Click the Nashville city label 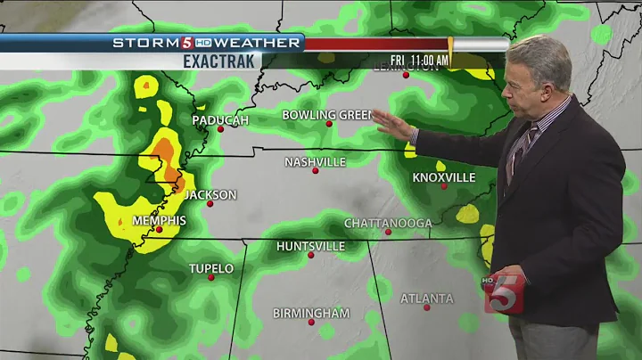click(x=315, y=162)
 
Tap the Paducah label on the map click(x=219, y=119)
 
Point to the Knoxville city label click(x=443, y=177)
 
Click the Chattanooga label click(x=388, y=223)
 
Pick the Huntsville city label click(x=310, y=246)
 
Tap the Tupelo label click(x=211, y=268)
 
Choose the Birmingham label click(x=311, y=313)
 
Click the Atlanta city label click(x=426, y=299)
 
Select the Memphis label click(x=159, y=220)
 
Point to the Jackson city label click(x=210, y=194)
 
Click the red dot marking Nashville click(x=315, y=170)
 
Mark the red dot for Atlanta click(x=427, y=307)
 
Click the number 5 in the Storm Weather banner click(x=187, y=43)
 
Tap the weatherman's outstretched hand click(x=392, y=125)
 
